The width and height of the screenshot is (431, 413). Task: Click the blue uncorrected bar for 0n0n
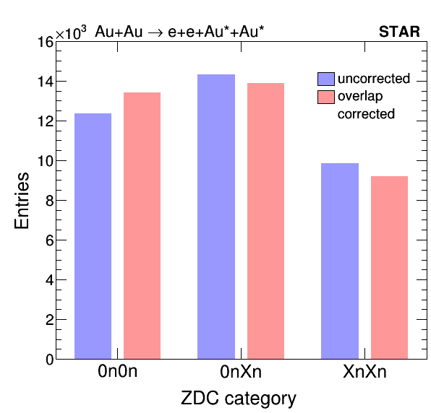click(x=93, y=236)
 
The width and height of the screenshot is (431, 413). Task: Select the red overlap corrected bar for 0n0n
click(x=142, y=225)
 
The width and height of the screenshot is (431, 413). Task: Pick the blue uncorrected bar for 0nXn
click(x=216, y=217)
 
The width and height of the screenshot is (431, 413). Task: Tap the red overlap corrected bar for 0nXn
click(x=266, y=221)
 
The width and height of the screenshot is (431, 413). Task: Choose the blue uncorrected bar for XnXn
click(x=340, y=261)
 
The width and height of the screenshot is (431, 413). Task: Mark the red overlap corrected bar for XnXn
click(x=390, y=268)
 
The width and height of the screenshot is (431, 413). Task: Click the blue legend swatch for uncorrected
click(x=326, y=79)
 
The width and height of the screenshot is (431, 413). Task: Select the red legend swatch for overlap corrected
click(x=326, y=97)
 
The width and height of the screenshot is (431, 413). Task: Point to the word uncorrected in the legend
click(x=374, y=79)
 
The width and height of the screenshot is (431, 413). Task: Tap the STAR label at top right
click(x=399, y=32)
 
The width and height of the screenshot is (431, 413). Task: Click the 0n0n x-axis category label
click(x=117, y=372)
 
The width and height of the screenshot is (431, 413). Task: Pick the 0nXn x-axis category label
click(x=241, y=372)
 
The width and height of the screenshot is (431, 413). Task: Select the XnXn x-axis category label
click(x=364, y=372)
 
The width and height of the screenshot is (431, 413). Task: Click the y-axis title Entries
click(x=22, y=201)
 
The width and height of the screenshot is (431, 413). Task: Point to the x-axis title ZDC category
click(x=239, y=399)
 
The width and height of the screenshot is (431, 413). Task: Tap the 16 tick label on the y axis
click(x=46, y=43)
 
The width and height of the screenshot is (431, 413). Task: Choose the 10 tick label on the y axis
click(x=46, y=161)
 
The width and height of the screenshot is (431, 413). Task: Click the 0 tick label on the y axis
click(x=50, y=360)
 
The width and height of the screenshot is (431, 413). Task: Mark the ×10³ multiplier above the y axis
click(x=71, y=32)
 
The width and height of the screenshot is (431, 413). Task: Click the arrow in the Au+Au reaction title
click(x=155, y=33)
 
